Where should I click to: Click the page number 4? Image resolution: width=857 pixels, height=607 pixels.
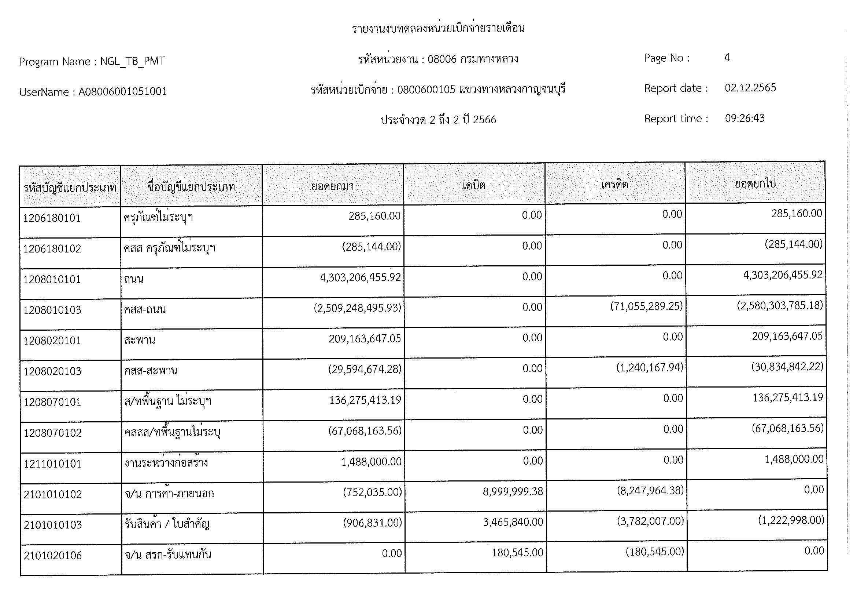coord(727,58)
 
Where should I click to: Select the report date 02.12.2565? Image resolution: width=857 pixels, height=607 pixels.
coord(750,88)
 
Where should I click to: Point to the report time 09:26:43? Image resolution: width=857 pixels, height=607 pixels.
coord(745,118)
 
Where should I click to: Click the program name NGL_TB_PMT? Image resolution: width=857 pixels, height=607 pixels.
coord(133,61)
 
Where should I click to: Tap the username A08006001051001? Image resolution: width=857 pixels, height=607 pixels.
coord(122,92)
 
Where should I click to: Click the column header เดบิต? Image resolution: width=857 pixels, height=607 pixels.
coord(474,185)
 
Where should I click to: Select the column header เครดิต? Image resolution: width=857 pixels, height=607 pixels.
coord(615,184)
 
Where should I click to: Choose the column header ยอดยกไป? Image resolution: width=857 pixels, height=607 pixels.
coord(755,183)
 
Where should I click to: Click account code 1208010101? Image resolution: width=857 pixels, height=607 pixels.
coord(52,279)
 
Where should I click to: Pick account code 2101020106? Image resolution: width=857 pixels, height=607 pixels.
coord(53,555)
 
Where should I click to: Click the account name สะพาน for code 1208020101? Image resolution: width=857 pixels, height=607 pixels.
coord(140,340)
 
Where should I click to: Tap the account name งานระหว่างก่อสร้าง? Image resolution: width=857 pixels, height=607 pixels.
coord(166,463)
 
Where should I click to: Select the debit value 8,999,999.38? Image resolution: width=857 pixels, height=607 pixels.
coord(513,491)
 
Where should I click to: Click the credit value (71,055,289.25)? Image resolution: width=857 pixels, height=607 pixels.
coord(646,306)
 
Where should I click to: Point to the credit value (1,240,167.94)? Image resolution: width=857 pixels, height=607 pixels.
coord(650,368)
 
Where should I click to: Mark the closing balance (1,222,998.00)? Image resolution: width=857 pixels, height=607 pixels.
coord(791,520)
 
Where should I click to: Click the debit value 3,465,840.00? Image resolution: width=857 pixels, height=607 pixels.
coord(513,522)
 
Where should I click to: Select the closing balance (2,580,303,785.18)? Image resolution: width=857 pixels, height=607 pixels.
coord(780,306)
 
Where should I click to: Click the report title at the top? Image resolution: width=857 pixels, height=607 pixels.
coord(438,28)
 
